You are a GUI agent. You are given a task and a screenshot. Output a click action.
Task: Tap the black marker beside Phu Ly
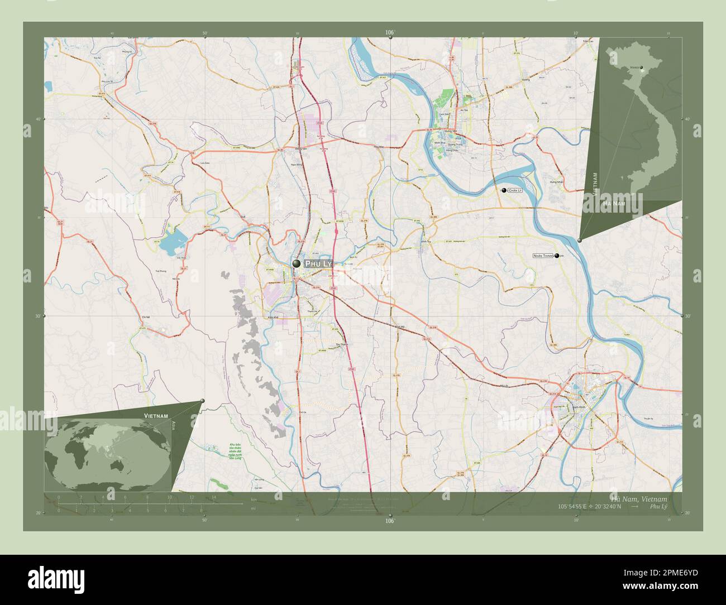[x=297, y=263]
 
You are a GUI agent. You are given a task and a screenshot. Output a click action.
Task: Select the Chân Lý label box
[x=515, y=191]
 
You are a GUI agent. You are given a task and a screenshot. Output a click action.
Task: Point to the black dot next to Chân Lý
[x=504, y=191]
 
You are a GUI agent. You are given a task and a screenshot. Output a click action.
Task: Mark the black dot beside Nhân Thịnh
[x=557, y=256]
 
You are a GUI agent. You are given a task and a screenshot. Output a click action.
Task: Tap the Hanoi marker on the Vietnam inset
[x=642, y=68]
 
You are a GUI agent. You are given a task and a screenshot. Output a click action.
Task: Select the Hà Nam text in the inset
[x=613, y=204]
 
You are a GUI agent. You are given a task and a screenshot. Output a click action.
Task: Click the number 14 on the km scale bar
[x=213, y=497]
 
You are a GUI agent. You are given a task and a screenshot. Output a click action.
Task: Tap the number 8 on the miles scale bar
[x=200, y=510]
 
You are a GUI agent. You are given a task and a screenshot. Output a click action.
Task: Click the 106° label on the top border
[x=390, y=33]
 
